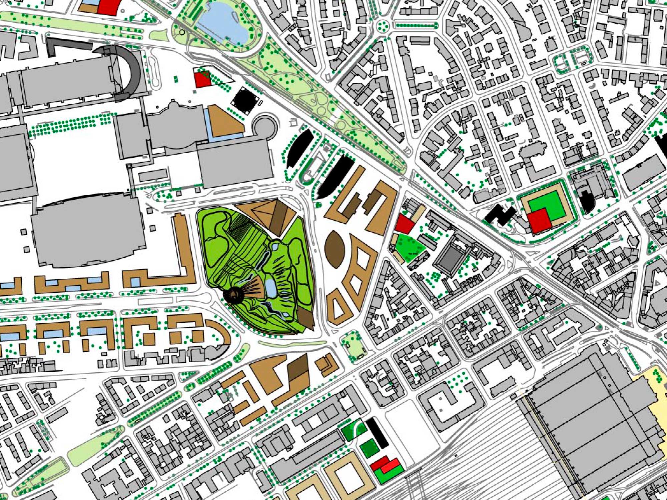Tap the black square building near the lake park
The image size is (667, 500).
246,99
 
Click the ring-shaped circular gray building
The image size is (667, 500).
265,127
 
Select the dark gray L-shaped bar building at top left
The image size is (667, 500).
67,45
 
